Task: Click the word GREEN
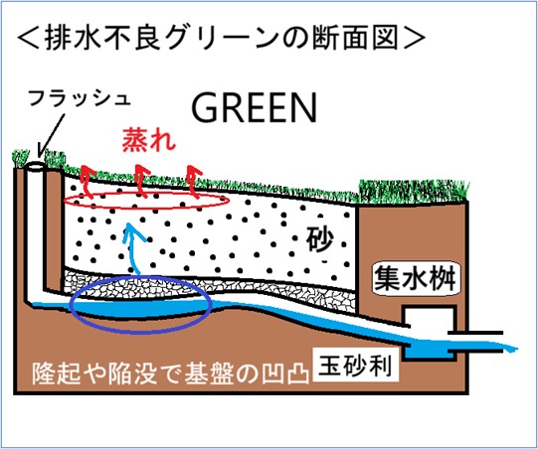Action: pos(254,107)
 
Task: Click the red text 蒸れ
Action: pos(149,139)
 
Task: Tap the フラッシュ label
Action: pos(80,97)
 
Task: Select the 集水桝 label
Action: pos(415,278)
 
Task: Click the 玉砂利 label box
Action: pos(356,366)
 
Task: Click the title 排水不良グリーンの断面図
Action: pos(222,38)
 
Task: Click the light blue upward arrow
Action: pos(133,247)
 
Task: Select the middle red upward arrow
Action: pos(141,181)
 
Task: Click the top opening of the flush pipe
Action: pos(35,167)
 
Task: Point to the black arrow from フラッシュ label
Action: pos(52,134)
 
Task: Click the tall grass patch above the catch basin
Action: pos(413,191)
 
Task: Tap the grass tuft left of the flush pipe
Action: pos(20,158)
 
